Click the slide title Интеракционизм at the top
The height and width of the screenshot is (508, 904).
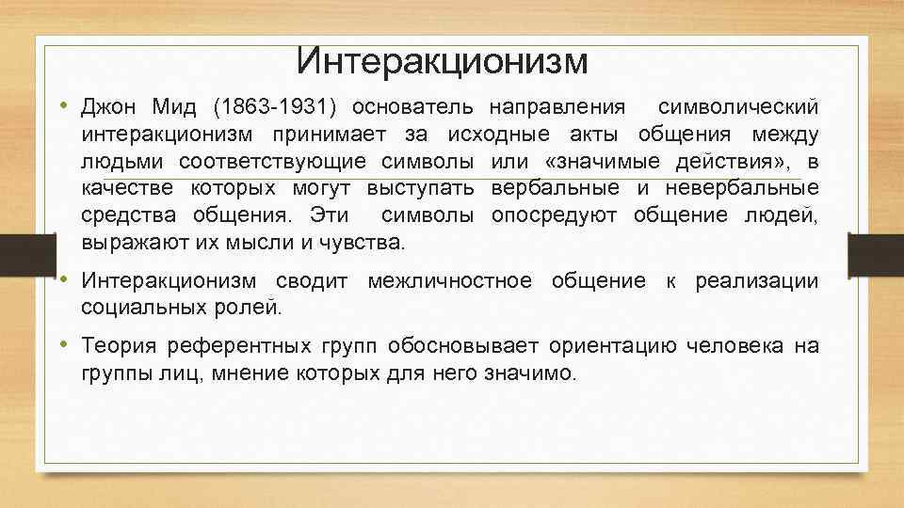point(442,62)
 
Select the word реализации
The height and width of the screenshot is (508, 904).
point(757,280)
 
